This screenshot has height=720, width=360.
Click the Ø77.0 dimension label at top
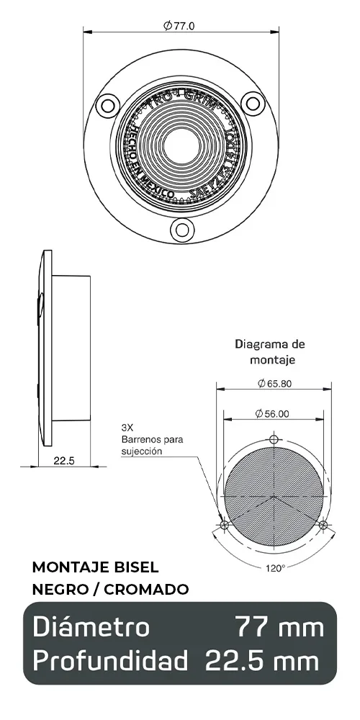(x=179, y=26)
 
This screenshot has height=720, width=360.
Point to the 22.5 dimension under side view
(x=64, y=460)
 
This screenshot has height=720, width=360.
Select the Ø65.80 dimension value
(x=274, y=383)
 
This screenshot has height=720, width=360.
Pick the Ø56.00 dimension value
(x=272, y=413)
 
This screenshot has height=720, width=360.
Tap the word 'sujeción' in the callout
(x=142, y=451)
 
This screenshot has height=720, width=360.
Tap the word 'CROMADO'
(x=147, y=590)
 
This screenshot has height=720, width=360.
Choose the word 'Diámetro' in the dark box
(x=91, y=627)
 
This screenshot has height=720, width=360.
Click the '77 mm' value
(x=280, y=627)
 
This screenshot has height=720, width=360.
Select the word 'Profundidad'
(x=110, y=660)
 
